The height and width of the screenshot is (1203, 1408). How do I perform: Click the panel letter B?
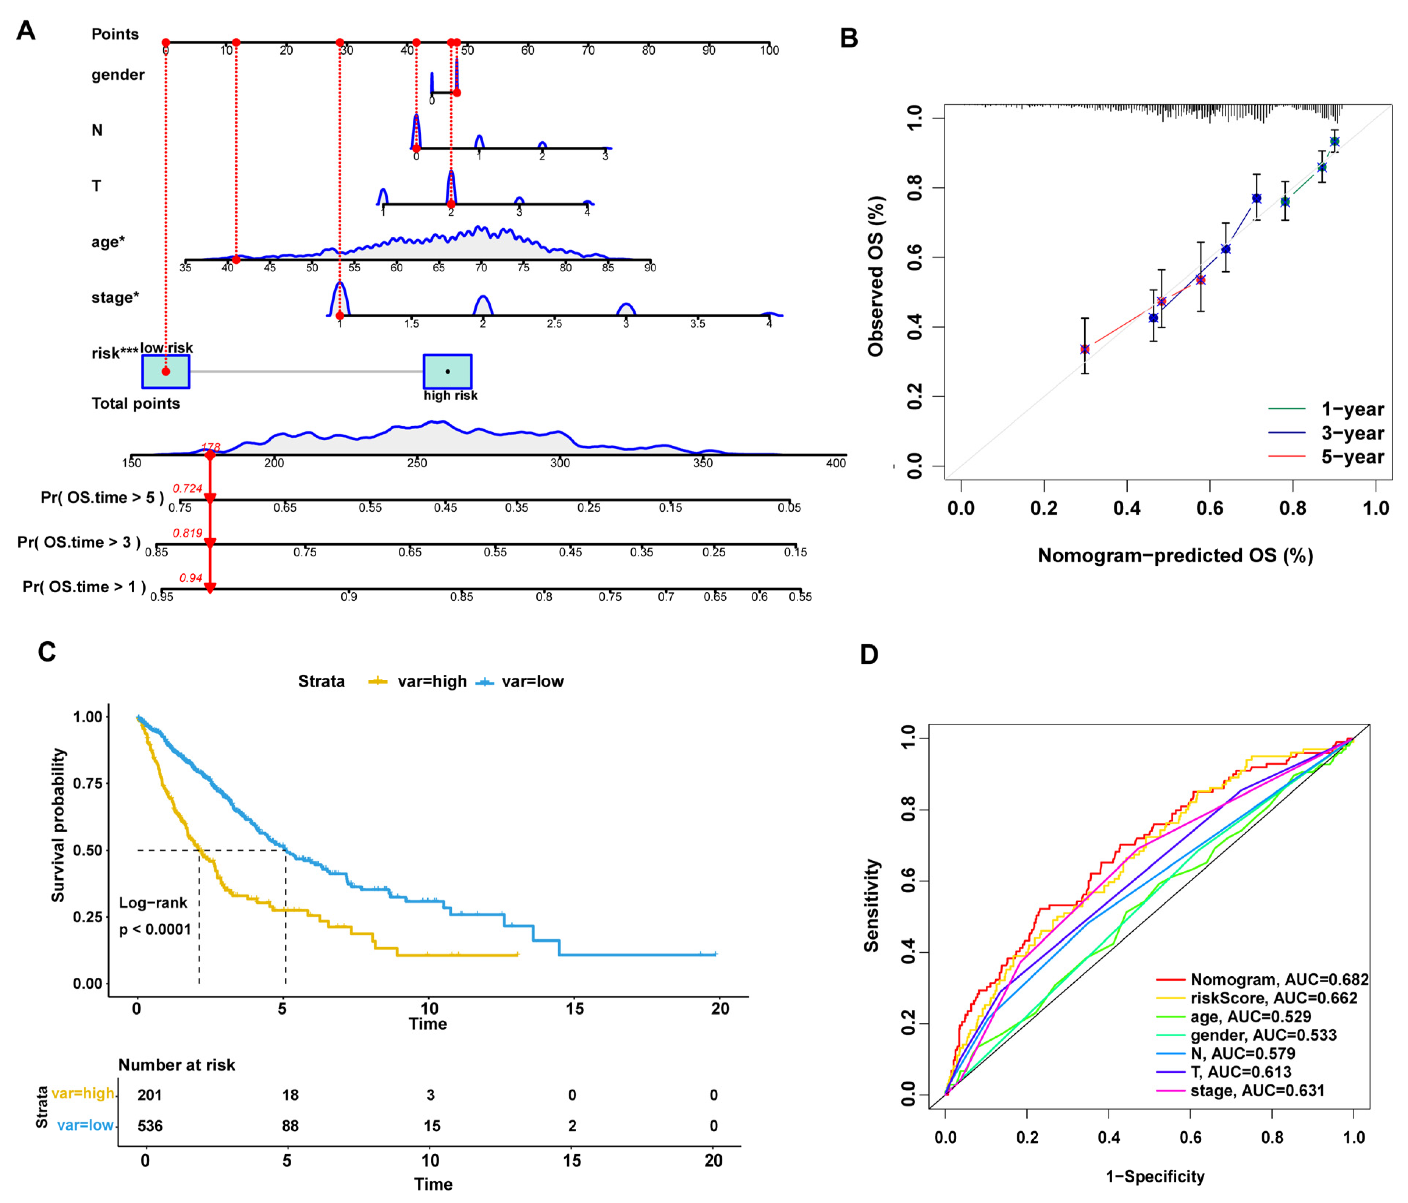[x=849, y=38]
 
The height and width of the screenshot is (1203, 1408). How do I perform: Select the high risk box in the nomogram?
[x=447, y=371]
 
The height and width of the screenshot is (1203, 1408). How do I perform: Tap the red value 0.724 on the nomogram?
[x=188, y=488]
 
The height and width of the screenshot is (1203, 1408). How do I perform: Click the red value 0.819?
[x=188, y=533]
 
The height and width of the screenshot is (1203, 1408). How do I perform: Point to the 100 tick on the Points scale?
[x=769, y=50]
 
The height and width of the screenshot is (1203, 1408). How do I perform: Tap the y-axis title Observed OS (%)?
[x=876, y=276]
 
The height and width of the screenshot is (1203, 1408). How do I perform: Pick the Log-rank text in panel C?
[x=153, y=903]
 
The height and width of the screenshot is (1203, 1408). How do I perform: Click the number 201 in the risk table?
[x=150, y=1095]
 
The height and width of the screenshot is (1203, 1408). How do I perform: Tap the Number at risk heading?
[x=177, y=1065]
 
